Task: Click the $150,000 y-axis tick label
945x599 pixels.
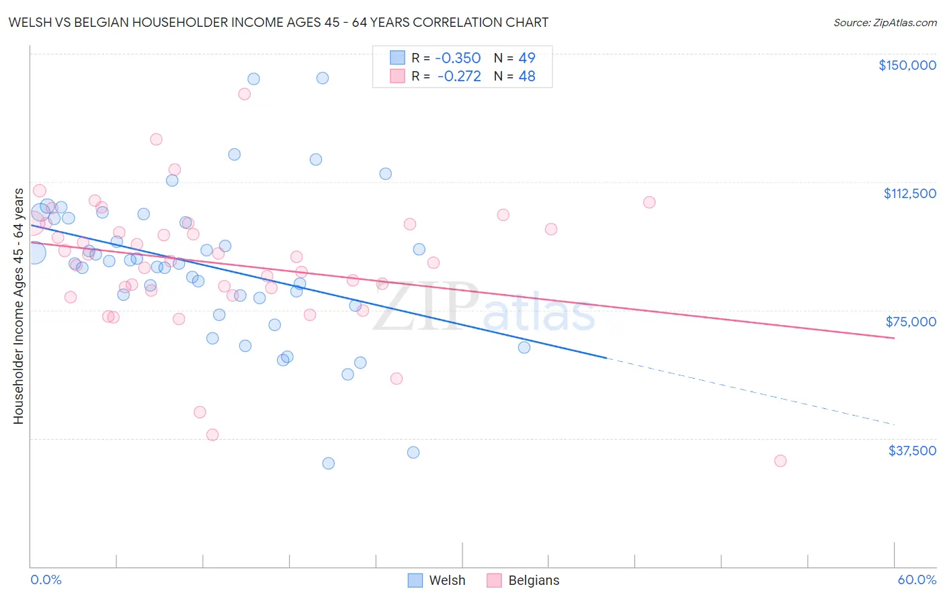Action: click(907, 65)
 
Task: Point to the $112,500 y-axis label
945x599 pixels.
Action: click(909, 193)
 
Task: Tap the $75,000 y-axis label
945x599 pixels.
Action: click(911, 322)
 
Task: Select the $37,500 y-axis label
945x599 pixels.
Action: click(912, 451)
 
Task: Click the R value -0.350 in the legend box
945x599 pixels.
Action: click(458, 58)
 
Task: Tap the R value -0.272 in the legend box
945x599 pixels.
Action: click(459, 77)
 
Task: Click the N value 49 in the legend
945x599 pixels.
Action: click(527, 58)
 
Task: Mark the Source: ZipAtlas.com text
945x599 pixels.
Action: click(885, 23)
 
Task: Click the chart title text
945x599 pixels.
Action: click(278, 22)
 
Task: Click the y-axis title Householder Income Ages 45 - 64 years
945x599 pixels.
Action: click(18, 306)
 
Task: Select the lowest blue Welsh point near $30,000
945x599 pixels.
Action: click(328, 463)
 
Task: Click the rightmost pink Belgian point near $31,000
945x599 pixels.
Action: click(780, 461)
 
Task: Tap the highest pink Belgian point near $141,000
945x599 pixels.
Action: click(244, 94)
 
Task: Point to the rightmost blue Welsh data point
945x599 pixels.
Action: click(524, 347)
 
